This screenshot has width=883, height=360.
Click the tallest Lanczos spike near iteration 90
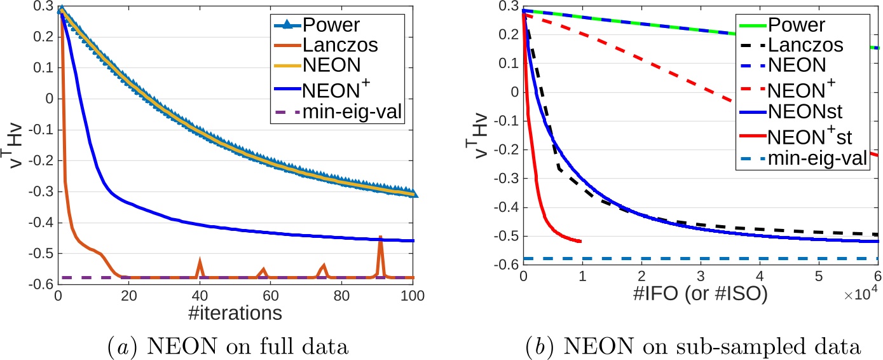pyautogui.click(x=381, y=237)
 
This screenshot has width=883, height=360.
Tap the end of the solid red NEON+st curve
pyautogui.click(x=580, y=241)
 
